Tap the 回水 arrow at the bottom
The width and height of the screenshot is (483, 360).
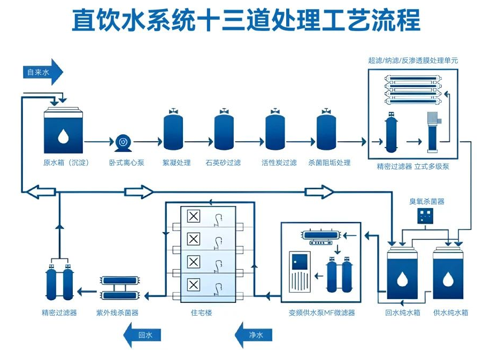[x=142, y=335]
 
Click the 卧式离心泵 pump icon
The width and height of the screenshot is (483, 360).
[x=123, y=142]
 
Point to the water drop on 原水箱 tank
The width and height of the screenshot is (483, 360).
[x=64, y=136]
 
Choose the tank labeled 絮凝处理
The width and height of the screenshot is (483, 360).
[x=173, y=132]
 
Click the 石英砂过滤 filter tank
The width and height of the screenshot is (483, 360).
[x=224, y=132]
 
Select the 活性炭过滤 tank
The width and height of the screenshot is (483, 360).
[x=275, y=132]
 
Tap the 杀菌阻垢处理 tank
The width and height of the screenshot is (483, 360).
[x=326, y=132]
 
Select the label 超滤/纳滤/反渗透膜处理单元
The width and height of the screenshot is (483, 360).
[x=413, y=60]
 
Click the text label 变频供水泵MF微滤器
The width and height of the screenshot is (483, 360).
[x=321, y=312]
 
